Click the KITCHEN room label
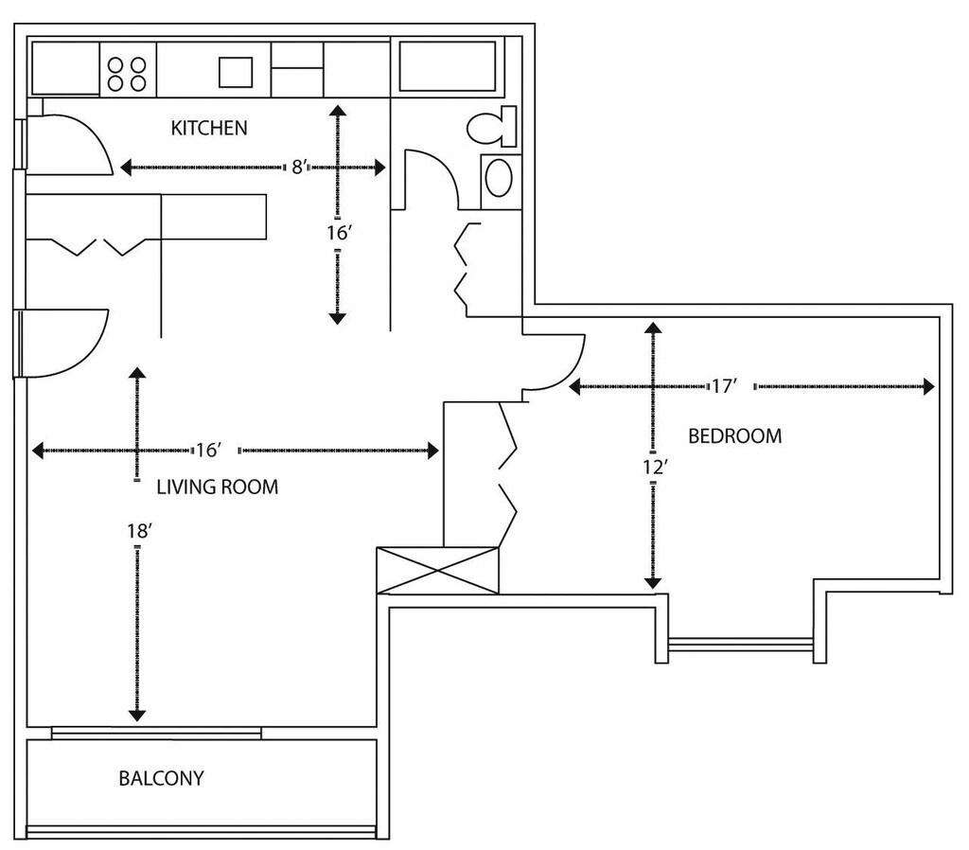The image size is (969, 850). click(208, 128)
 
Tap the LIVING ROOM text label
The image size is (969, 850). click(217, 487)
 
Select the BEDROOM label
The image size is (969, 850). click(734, 436)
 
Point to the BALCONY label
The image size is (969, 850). click(161, 779)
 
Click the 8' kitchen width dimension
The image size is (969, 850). click(298, 168)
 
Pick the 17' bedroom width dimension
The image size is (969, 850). click(724, 386)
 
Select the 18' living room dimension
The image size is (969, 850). click(138, 531)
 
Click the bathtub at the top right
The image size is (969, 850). click(448, 66)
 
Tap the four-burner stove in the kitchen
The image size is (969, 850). click(127, 73)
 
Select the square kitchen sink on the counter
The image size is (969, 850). click(237, 72)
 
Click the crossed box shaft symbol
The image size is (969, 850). click(437, 571)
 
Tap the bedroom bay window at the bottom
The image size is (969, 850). click(740, 645)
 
